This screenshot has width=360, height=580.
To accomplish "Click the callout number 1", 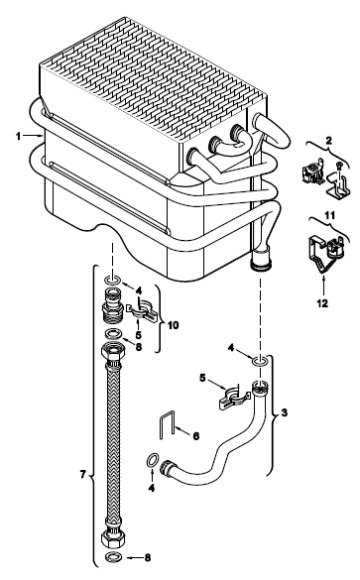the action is click(x=18, y=137).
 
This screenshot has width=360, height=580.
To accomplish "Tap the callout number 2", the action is click(x=328, y=141).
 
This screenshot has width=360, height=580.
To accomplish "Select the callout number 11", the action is click(x=329, y=215).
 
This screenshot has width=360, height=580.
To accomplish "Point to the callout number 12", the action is click(x=322, y=303).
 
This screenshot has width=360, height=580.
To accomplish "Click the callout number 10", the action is click(x=174, y=325).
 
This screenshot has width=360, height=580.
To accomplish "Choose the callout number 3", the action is click(x=285, y=412).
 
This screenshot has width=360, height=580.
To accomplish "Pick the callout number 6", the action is click(x=196, y=436).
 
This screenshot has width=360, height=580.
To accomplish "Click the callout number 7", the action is click(x=83, y=474).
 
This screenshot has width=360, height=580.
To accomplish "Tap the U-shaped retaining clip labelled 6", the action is click(x=167, y=425).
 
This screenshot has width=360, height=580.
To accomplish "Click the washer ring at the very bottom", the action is click(x=111, y=556).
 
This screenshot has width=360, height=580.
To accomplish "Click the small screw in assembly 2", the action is click(x=338, y=165).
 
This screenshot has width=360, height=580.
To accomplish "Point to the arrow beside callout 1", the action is click(x=33, y=136).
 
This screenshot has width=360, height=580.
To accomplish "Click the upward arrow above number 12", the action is click(x=323, y=287).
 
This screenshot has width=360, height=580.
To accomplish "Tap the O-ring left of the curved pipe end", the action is click(x=152, y=461).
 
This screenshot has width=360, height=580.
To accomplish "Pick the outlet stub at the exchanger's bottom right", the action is click(x=261, y=260).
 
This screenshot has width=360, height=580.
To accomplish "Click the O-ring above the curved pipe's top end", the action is click(x=260, y=361).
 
